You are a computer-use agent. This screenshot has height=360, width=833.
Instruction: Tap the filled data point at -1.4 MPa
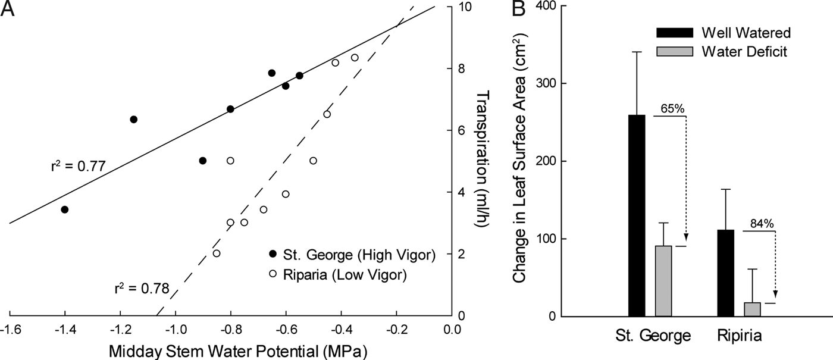point(65,209)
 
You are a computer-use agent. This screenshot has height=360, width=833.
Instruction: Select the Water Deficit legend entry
point(744,52)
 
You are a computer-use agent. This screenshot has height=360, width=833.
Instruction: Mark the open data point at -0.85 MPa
point(217,253)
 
